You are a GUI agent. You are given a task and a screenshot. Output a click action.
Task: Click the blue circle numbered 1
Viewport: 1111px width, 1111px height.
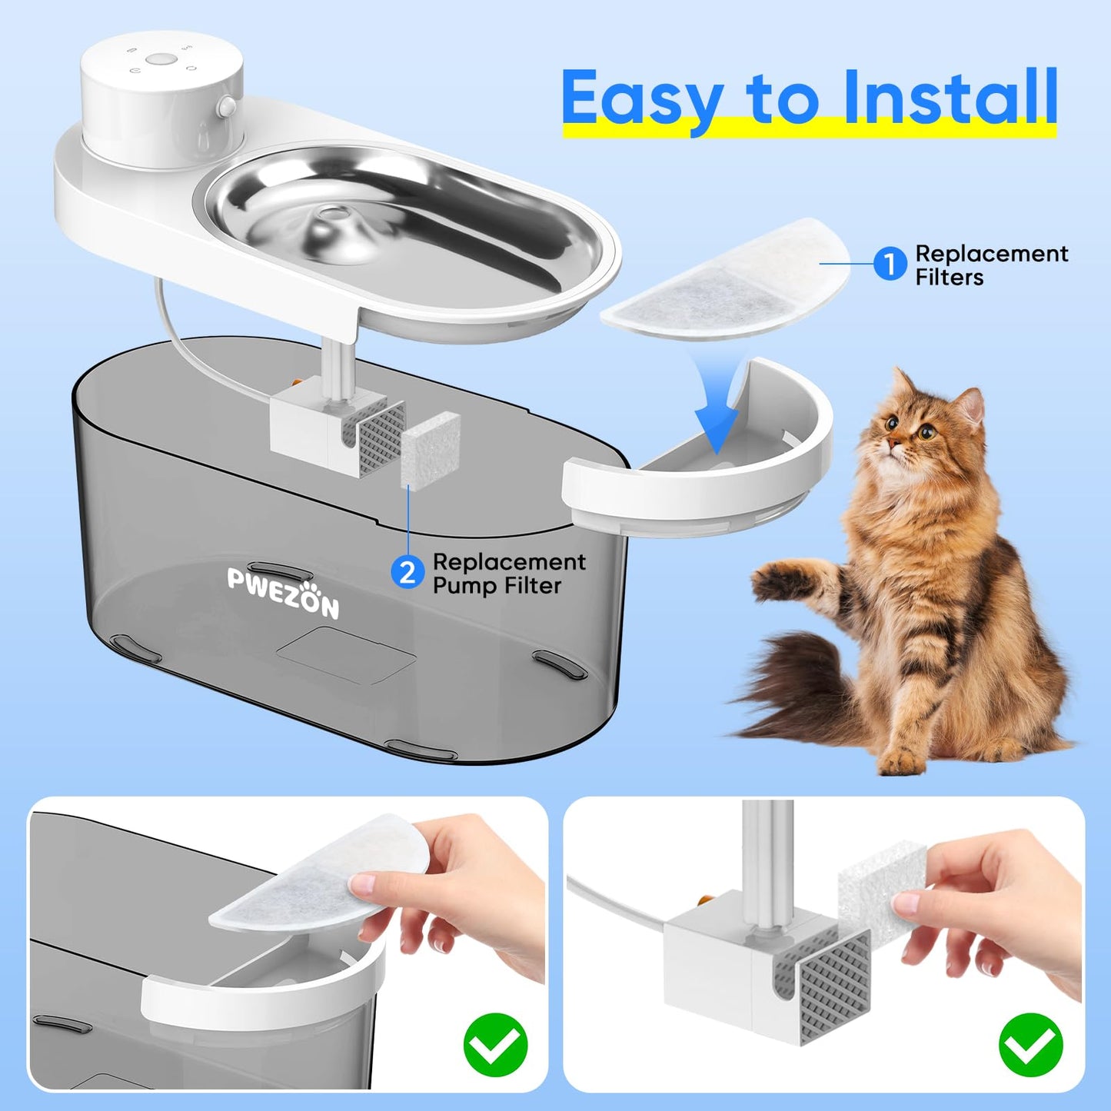(890, 264)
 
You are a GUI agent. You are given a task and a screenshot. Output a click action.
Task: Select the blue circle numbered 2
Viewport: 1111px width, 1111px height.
(407, 573)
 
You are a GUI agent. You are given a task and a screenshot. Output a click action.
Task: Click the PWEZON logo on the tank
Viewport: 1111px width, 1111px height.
(283, 592)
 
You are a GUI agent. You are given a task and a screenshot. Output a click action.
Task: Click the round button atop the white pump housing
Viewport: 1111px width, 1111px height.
(160, 59)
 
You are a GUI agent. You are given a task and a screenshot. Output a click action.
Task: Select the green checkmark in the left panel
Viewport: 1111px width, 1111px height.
(495, 1045)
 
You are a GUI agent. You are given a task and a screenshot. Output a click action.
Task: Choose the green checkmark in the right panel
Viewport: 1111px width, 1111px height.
(1030, 1045)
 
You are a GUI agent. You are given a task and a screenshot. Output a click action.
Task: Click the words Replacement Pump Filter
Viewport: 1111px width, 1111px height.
(509, 573)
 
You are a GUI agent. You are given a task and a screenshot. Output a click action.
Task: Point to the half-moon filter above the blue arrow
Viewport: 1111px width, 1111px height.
(725, 280)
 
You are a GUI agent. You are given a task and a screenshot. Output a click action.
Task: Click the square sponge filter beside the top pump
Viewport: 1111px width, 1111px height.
(430, 451)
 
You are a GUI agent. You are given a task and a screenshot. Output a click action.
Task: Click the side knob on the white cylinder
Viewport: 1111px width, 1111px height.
(227, 106)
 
